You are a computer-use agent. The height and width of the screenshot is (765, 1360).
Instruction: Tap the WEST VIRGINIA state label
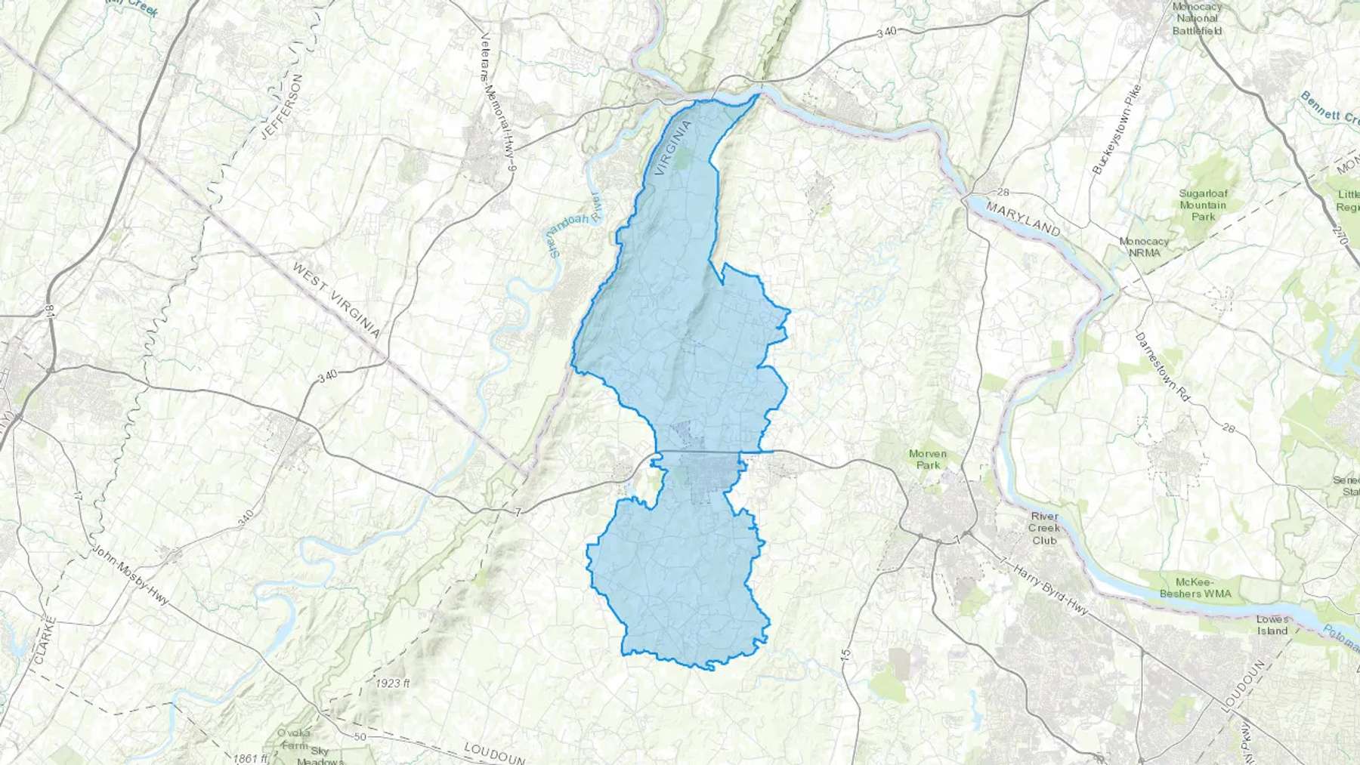coord(335,301)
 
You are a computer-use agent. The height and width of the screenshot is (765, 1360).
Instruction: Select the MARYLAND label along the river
coord(1023,219)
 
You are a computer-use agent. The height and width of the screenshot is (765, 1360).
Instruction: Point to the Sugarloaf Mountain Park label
coord(1204,205)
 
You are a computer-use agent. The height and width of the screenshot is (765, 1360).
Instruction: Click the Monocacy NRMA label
coord(1144,247)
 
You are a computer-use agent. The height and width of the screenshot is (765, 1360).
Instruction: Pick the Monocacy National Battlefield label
coord(1198,18)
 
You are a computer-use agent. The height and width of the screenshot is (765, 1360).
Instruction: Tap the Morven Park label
coord(928,459)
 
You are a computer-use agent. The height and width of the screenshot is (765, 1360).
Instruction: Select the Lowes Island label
coord(1272,625)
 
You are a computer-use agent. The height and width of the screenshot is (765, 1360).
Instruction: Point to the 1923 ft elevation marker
coord(392,683)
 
